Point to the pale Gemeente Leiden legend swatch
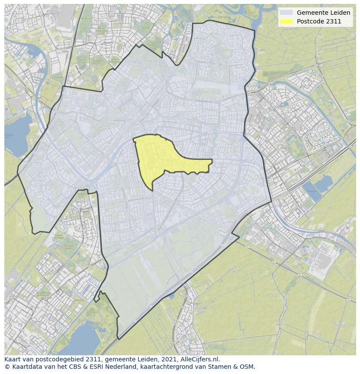click(286, 13)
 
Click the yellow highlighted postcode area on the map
click(161, 156)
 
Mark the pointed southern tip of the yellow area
click(152, 190)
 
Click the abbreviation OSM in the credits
click(246, 367)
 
